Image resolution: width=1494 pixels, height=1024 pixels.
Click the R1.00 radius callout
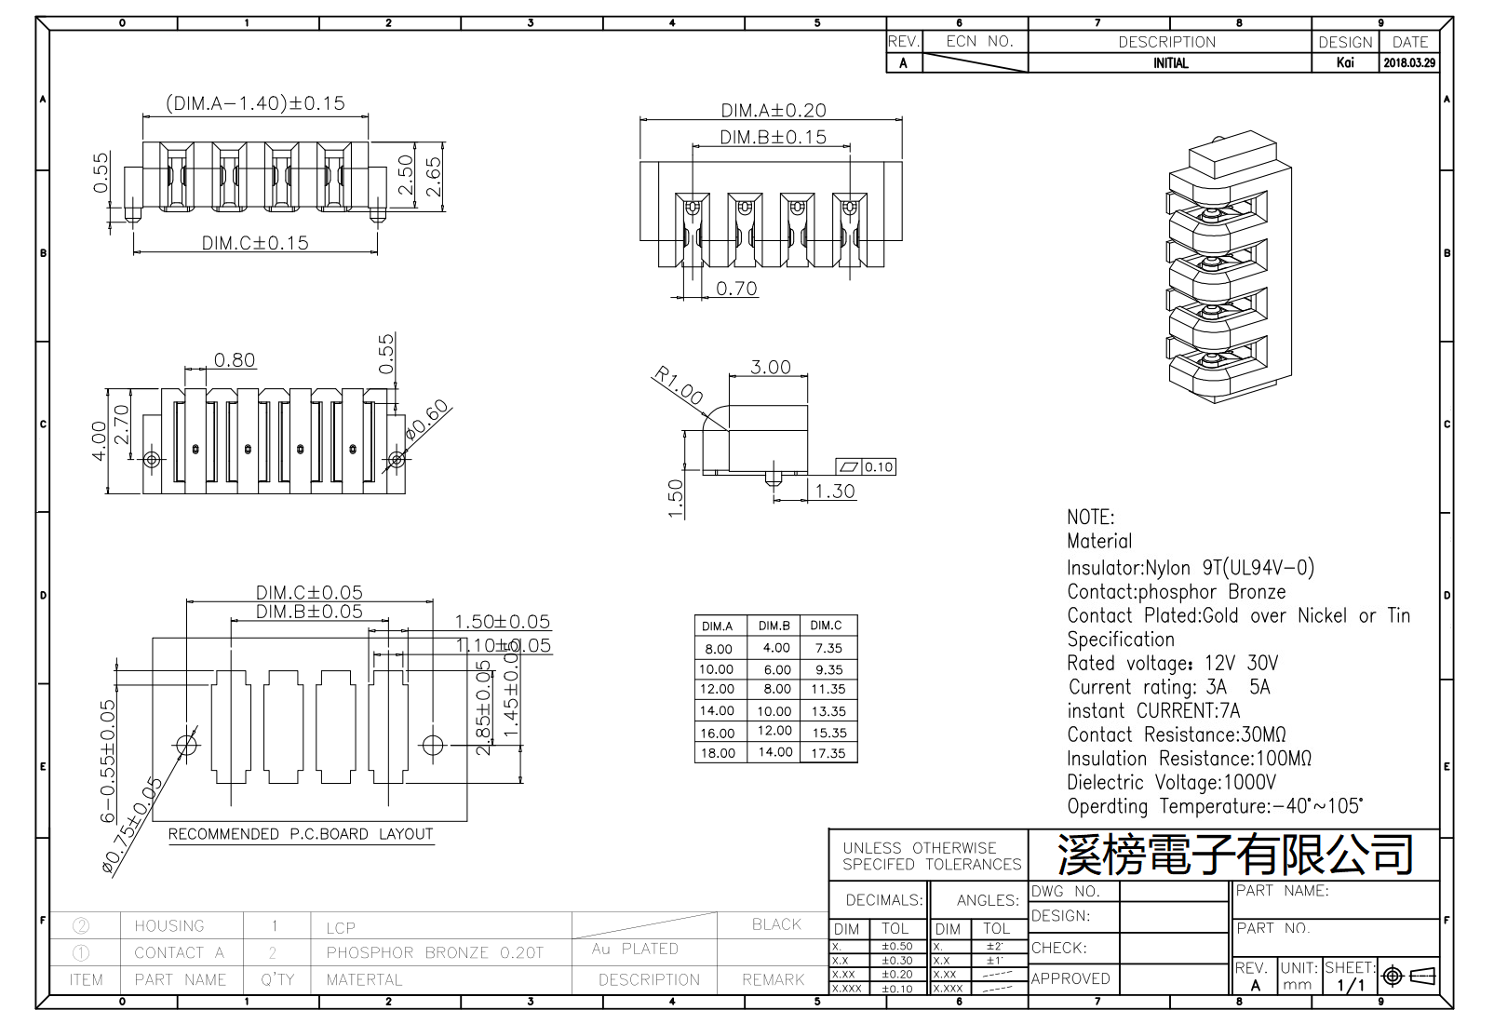tap(678, 384)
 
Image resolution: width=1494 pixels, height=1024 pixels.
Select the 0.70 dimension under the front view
tap(736, 289)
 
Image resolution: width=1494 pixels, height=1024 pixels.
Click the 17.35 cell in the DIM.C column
tap(828, 753)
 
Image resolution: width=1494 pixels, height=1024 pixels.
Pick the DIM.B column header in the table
tap(774, 626)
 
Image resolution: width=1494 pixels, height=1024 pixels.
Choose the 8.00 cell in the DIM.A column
tap(718, 649)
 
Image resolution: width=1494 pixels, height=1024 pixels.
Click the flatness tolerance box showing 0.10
tap(867, 467)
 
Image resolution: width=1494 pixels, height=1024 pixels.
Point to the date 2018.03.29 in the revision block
tap(1409, 63)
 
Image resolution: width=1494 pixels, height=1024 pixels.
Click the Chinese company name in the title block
tap(1234, 855)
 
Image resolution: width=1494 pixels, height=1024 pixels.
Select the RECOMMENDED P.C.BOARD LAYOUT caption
tap(301, 834)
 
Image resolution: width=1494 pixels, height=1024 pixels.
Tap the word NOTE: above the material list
tap(1090, 518)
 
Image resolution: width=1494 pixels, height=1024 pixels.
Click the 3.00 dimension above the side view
tap(771, 367)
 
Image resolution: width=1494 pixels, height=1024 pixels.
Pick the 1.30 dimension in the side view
tap(835, 492)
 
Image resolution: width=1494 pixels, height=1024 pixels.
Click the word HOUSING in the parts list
tap(168, 925)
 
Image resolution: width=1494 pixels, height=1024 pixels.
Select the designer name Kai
tap(1345, 63)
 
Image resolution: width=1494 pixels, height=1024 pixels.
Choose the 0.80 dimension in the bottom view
tap(234, 360)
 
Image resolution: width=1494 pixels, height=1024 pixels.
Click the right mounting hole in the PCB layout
tap(433, 745)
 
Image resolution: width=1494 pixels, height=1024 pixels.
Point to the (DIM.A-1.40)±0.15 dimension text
tap(255, 103)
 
